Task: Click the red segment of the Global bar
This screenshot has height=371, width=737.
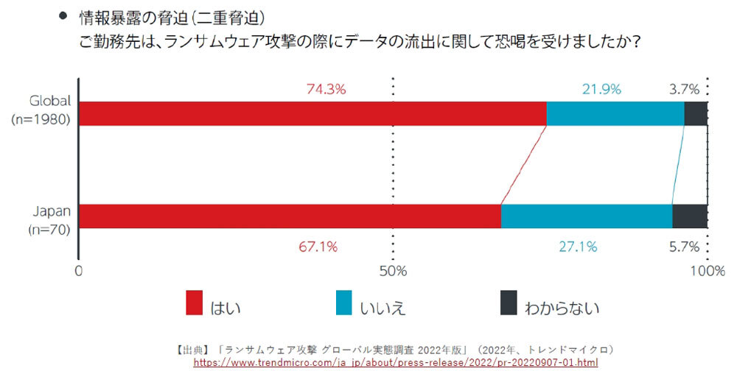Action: point(312,114)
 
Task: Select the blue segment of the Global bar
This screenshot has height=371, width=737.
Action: point(615,114)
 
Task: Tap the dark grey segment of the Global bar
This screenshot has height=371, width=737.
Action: point(696,114)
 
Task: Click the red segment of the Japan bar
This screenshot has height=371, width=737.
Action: point(290,216)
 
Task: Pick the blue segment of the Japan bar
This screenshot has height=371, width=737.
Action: point(587,216)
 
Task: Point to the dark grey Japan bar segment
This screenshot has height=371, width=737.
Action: point(690,216)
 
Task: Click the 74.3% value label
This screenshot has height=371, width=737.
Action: point(326,89)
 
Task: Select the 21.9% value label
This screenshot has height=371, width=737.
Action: point(602,89)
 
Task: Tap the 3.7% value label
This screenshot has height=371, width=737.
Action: point(684,89)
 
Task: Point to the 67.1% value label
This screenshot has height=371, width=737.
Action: point(318,247)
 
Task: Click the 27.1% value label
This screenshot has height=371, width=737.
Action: point(578,247)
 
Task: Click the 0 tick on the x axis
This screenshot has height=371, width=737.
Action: point(78,271)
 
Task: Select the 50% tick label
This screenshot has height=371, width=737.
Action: point(393,271)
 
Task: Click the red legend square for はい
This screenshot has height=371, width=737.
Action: point(195,303)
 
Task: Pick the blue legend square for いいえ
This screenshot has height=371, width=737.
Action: point(344,303)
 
